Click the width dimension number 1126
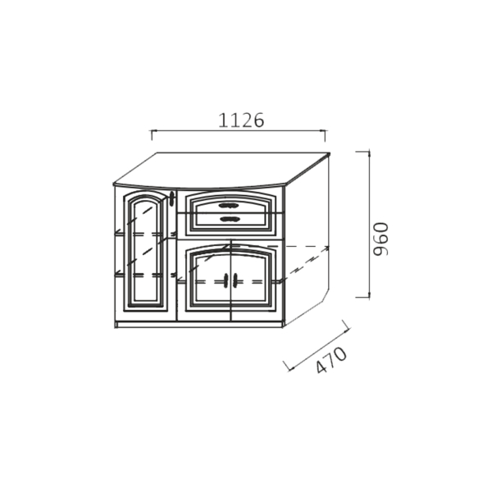(x=241, y=121)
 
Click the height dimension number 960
(x=381, y=239)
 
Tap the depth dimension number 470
(x=331, y=360)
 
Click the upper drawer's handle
(x=229, y=206)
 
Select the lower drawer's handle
(x=229, y=219)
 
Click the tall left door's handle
(x=171, y=198)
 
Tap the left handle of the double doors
(x=226, y=280)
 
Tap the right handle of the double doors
(x=235, y=280)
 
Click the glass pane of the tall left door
(x=145, y=250)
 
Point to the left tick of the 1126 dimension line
(x=153, y=135)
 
